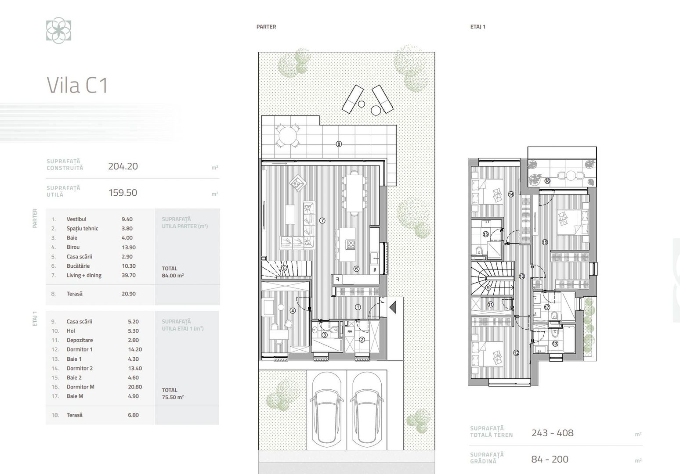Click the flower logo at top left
58,31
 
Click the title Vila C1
77,85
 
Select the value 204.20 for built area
123,166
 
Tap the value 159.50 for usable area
123,193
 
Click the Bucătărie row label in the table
78,266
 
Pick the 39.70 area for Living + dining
129,275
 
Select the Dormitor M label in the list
80,387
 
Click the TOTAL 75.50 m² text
173,393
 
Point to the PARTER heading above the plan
266,27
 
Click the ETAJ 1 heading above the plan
477,27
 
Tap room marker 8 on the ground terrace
339,144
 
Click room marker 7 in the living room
322,221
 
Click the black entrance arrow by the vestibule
393,306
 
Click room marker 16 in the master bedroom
545,242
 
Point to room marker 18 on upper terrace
547,181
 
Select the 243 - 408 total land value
552,433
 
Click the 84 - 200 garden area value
550,460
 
